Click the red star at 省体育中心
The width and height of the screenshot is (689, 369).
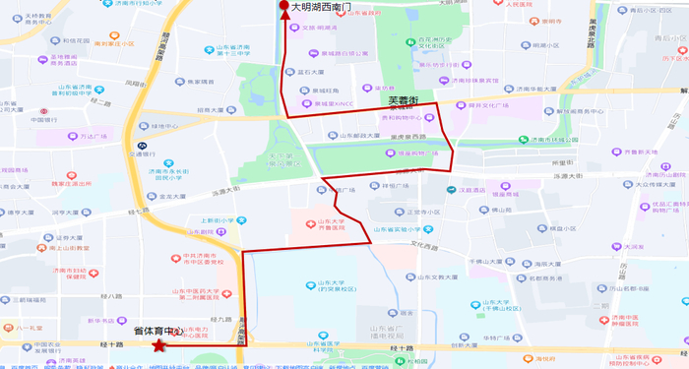pyautogui.click(x=157, y=344)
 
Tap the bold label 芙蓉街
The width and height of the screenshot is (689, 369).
pyautogui.click(x=404, y=100)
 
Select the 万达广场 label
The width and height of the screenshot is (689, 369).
pyautogui.click(x=93, y=138)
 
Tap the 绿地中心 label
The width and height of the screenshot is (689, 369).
pyautogui.click(x=166, y=126)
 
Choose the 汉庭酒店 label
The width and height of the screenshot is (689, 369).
pyautogui.click(x=475, y=191)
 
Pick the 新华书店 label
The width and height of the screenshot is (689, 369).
pyautogui.click(x=101, y=321)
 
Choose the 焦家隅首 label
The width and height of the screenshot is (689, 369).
pyautogui.click(x=207, y=82)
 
